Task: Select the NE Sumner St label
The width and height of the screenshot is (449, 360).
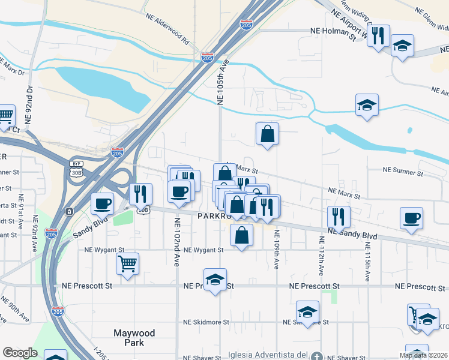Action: (403, 171)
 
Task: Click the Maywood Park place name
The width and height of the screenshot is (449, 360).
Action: (134, 338)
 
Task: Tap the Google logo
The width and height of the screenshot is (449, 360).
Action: (20, 353)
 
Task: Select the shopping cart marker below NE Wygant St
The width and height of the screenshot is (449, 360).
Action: (128, 263)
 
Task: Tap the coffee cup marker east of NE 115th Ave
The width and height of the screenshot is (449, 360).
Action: (411, 218)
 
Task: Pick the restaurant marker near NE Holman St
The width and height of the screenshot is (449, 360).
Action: (378, 35)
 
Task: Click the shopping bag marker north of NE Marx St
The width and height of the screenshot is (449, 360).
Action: (267, 134)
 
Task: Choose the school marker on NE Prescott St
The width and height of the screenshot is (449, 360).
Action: (215, 279)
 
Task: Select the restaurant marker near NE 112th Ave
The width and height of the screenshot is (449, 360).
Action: (339, 217)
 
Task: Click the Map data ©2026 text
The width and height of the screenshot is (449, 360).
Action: (423, 355)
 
